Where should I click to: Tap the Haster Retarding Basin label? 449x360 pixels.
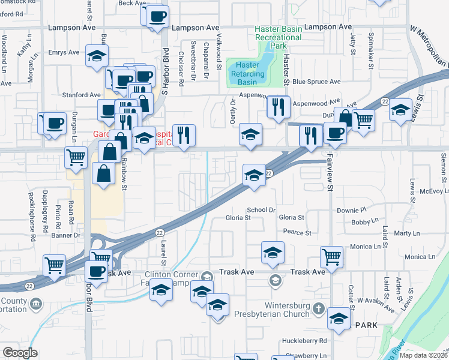(x=247, y=73)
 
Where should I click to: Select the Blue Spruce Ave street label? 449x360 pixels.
(x=316, y=82)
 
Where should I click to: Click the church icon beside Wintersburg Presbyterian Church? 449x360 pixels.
(x=318, y=310)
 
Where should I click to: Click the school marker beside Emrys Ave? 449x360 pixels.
(x=97, y=56)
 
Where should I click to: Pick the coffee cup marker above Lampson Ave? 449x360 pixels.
(x=157, y=16)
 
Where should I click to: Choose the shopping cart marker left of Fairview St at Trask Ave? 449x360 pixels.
(x=331, y=256)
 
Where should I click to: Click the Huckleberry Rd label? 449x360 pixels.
(x=307, y=341)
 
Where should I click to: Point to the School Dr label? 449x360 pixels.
(x=261, y=210)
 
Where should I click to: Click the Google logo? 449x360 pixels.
(x=19, y=353)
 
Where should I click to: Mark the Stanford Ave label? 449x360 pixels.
(x=82, y=95)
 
